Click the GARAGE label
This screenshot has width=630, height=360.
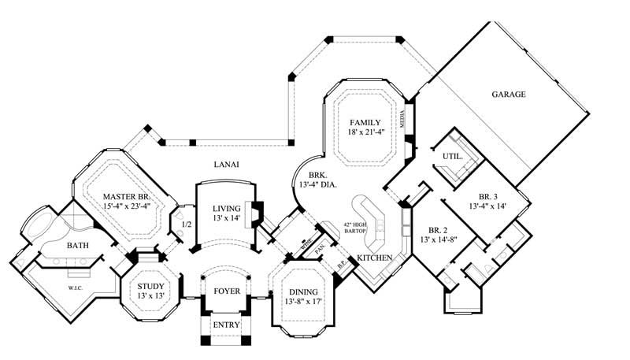509,95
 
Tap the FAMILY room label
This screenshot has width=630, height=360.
365,123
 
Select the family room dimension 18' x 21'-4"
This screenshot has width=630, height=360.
365,133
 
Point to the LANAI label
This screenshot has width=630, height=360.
226,164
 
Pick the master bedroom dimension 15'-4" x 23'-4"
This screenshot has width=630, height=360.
126,206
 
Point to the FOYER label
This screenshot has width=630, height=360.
227,291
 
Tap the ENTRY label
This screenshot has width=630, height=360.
227,325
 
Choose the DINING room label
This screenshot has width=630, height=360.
303,291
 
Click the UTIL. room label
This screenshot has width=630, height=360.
451,158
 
